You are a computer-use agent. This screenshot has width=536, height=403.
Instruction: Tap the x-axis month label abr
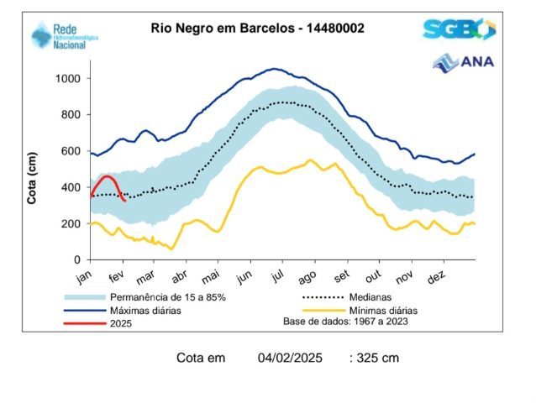click(179, 277)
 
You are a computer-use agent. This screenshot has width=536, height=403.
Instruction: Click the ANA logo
click(464, 62)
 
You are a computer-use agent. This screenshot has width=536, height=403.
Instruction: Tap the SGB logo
click(459, 30)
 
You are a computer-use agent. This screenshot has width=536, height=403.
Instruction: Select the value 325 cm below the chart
click(378, 359)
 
